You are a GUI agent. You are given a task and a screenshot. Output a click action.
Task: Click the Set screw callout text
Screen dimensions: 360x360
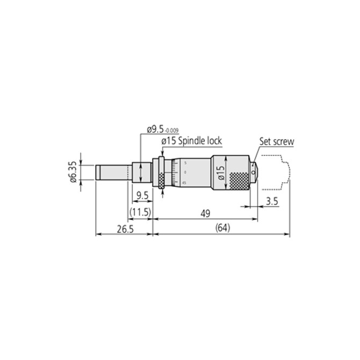[x=277, y=142]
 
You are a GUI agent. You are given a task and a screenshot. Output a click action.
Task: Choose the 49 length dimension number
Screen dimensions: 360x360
[x=204, y=213]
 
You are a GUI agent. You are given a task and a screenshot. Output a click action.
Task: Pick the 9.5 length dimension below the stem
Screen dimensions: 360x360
[x=142, y=195]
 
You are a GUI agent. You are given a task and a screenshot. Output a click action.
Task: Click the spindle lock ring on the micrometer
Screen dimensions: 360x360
[x=160, y=172]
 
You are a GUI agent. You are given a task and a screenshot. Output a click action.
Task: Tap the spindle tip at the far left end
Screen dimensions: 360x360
[x=98, y=172]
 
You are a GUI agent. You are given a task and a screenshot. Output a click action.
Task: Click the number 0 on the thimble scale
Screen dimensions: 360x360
[x=185, y=172]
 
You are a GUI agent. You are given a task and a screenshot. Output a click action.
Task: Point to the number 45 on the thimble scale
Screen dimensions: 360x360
[x=184, y=183]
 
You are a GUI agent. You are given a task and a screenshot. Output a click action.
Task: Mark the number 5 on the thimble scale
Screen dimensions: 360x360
[x=185, y=162]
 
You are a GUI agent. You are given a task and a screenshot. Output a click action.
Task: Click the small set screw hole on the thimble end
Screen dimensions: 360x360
[x=253, y=175]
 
